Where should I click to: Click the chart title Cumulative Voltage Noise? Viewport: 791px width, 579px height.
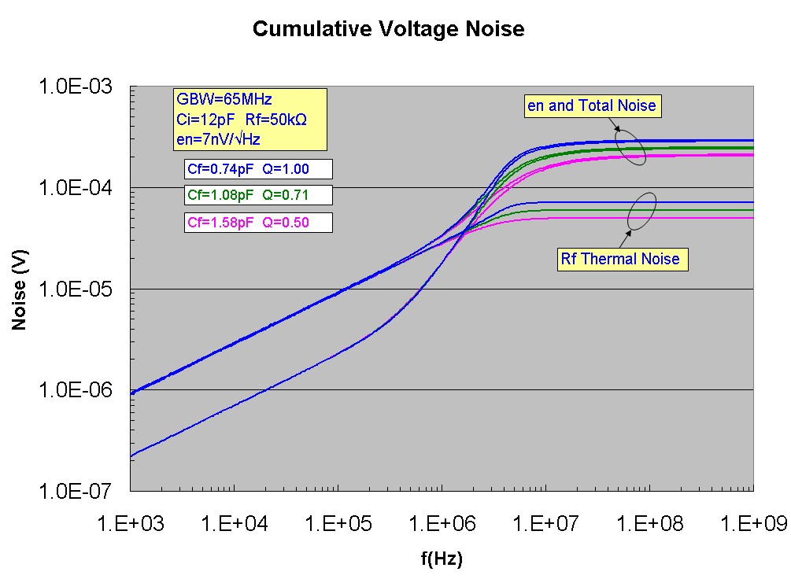388,30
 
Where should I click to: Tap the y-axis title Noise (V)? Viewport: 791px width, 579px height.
20,287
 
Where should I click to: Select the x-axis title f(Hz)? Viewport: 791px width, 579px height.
441,559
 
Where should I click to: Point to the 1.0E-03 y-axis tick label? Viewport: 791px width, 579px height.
75,87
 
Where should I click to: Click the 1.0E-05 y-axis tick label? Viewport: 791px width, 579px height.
75,289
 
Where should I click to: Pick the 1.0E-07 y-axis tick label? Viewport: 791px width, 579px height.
75,491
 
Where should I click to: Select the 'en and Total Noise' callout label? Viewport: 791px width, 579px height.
591,105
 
